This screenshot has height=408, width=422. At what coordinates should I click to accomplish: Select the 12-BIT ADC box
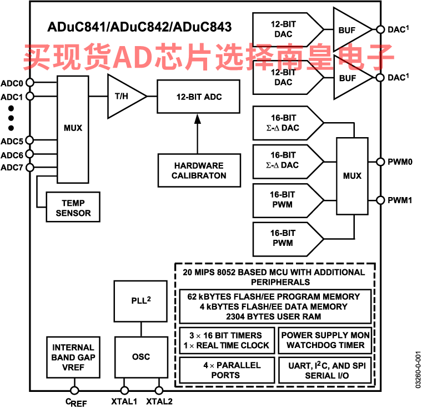pyautogui.click(x=198, y=97)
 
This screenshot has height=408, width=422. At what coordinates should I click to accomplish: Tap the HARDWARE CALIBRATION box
pyautogui.click(x=199, y=170)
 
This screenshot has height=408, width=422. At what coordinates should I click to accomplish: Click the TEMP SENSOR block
pyautogui.click(x=73, y=207)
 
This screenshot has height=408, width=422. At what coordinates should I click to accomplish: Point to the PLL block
pyautogui.click(x=140, y=301)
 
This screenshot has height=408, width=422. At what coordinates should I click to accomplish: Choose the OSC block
pyautogui.click(x=141, y=357)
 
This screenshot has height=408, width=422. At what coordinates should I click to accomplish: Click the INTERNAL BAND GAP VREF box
pyautogui.click(x=73, y=357)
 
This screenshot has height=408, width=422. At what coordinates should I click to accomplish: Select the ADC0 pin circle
pyautogui.click(x=30, y=82)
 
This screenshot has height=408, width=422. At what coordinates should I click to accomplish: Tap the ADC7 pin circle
pyautogui.click(x=30, y=168)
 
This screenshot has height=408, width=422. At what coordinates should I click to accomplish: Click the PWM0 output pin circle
pyautogui.click(x=380, y=162)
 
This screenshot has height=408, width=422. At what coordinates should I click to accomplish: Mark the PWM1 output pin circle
pyautogui.click(x=380, y=200)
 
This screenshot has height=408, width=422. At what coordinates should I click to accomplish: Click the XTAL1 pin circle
pyautogui.click(x=124, y=390)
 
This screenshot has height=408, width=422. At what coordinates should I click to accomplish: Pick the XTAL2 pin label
pyautogui.click(x=159, y=401)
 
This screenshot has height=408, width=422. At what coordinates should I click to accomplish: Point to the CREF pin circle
pyautogui.click(x=74, y=390)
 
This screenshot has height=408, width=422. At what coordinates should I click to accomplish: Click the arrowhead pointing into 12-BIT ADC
pyautogui.click(x=198, y=119)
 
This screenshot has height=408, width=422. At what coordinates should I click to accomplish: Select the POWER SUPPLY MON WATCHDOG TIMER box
pyautogui.click(x=325, y=340)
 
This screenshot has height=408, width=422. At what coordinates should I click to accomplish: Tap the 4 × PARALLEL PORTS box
pyautogui.click(x=227, y=370)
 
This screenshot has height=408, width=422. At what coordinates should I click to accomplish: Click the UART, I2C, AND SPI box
pyautogui.click(x=325, y=370)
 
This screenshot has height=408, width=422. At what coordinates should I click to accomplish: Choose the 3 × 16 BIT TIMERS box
pyautogui.click(x=227, y=340)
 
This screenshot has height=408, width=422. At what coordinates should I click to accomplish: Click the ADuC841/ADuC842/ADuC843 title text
pyautogui.click(x=139, y=27)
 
